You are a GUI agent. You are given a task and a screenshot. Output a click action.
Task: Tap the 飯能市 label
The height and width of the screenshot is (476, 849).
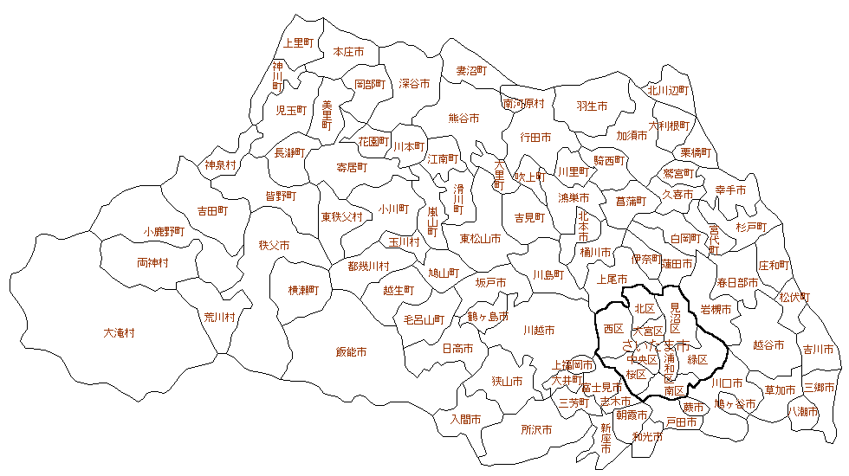point(351,352)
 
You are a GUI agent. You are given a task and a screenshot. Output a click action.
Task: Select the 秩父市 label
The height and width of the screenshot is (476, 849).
point(274,246)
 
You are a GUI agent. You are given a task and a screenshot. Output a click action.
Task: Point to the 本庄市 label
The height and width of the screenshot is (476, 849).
point(348,52)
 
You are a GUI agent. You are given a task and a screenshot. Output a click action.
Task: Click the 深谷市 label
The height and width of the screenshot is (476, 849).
point(414,84)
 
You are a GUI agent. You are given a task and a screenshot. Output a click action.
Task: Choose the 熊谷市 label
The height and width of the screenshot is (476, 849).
point(463,118)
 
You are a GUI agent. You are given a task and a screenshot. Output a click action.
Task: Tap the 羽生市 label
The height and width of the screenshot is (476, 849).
point(592,106)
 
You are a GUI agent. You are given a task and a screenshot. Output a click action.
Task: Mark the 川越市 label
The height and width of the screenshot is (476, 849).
point(539,331)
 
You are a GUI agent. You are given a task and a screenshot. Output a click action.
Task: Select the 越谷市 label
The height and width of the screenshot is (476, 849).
point(768,344)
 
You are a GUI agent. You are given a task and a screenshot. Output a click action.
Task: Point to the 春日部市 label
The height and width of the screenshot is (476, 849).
point(737,282)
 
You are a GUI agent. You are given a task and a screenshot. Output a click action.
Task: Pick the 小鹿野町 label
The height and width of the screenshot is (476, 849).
point(165,232)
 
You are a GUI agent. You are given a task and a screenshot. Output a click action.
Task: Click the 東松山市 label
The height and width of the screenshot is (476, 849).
point(480,239)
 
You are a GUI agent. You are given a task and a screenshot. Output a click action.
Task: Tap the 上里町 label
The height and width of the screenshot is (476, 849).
point(299,42)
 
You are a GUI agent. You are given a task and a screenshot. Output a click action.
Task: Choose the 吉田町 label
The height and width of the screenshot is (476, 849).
point(212,210)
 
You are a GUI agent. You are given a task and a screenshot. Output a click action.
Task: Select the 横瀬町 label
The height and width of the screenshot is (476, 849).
point(304,290)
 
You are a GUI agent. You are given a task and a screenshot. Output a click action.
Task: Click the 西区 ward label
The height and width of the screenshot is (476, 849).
point(613,329)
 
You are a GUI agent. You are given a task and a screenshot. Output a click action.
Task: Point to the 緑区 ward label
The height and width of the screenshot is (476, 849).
point(697,358)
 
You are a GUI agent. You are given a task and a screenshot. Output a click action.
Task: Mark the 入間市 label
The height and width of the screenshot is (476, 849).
point(465,419)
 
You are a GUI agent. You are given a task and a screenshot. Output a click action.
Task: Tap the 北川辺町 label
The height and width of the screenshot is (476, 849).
point(667,90)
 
